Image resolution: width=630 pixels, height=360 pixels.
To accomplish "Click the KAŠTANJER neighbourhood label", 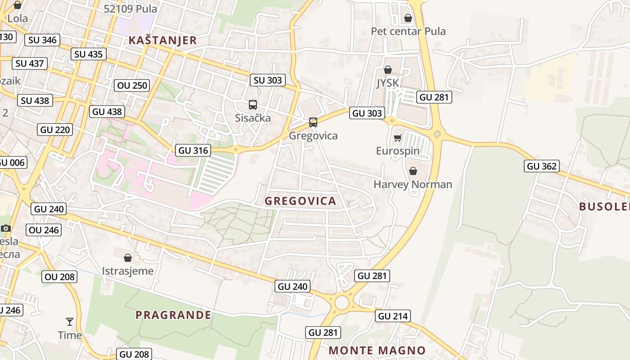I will click(162, 40).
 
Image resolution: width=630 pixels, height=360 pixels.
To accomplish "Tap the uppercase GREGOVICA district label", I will click(300, 201).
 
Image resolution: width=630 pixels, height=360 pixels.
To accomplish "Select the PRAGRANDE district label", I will click(173, 315).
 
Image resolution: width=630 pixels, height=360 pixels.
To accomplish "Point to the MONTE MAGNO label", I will click(377, 351).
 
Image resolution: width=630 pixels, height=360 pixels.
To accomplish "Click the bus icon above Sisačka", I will click(253, 105).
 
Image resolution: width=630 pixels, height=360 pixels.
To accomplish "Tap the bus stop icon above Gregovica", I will click(313, 122).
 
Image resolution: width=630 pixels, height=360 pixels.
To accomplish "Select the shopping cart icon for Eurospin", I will click(397, 138).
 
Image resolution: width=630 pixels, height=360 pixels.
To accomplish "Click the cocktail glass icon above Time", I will click(70, 321).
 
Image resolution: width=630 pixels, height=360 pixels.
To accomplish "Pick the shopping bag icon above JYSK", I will click(387, 70).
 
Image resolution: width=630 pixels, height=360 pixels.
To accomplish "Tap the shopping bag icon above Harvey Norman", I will click(413, 171).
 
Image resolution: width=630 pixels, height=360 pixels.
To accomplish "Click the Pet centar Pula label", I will click(408, 31).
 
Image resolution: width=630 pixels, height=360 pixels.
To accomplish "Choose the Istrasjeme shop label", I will click(128, 271).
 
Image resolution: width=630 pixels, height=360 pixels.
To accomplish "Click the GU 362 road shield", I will click(542, 166).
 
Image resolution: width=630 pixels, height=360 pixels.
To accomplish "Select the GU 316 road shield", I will click(193, 150).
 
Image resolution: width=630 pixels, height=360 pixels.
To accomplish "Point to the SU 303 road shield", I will click(268, 80).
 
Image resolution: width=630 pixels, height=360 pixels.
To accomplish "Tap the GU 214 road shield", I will click(393, 316).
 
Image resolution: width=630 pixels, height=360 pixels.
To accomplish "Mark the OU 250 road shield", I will click(132, 85).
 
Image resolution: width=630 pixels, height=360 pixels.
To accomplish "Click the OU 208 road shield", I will click(60, 277).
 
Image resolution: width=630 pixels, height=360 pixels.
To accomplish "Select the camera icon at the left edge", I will click(6, 228).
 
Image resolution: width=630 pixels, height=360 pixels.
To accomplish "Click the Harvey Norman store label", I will click(413, 184).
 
